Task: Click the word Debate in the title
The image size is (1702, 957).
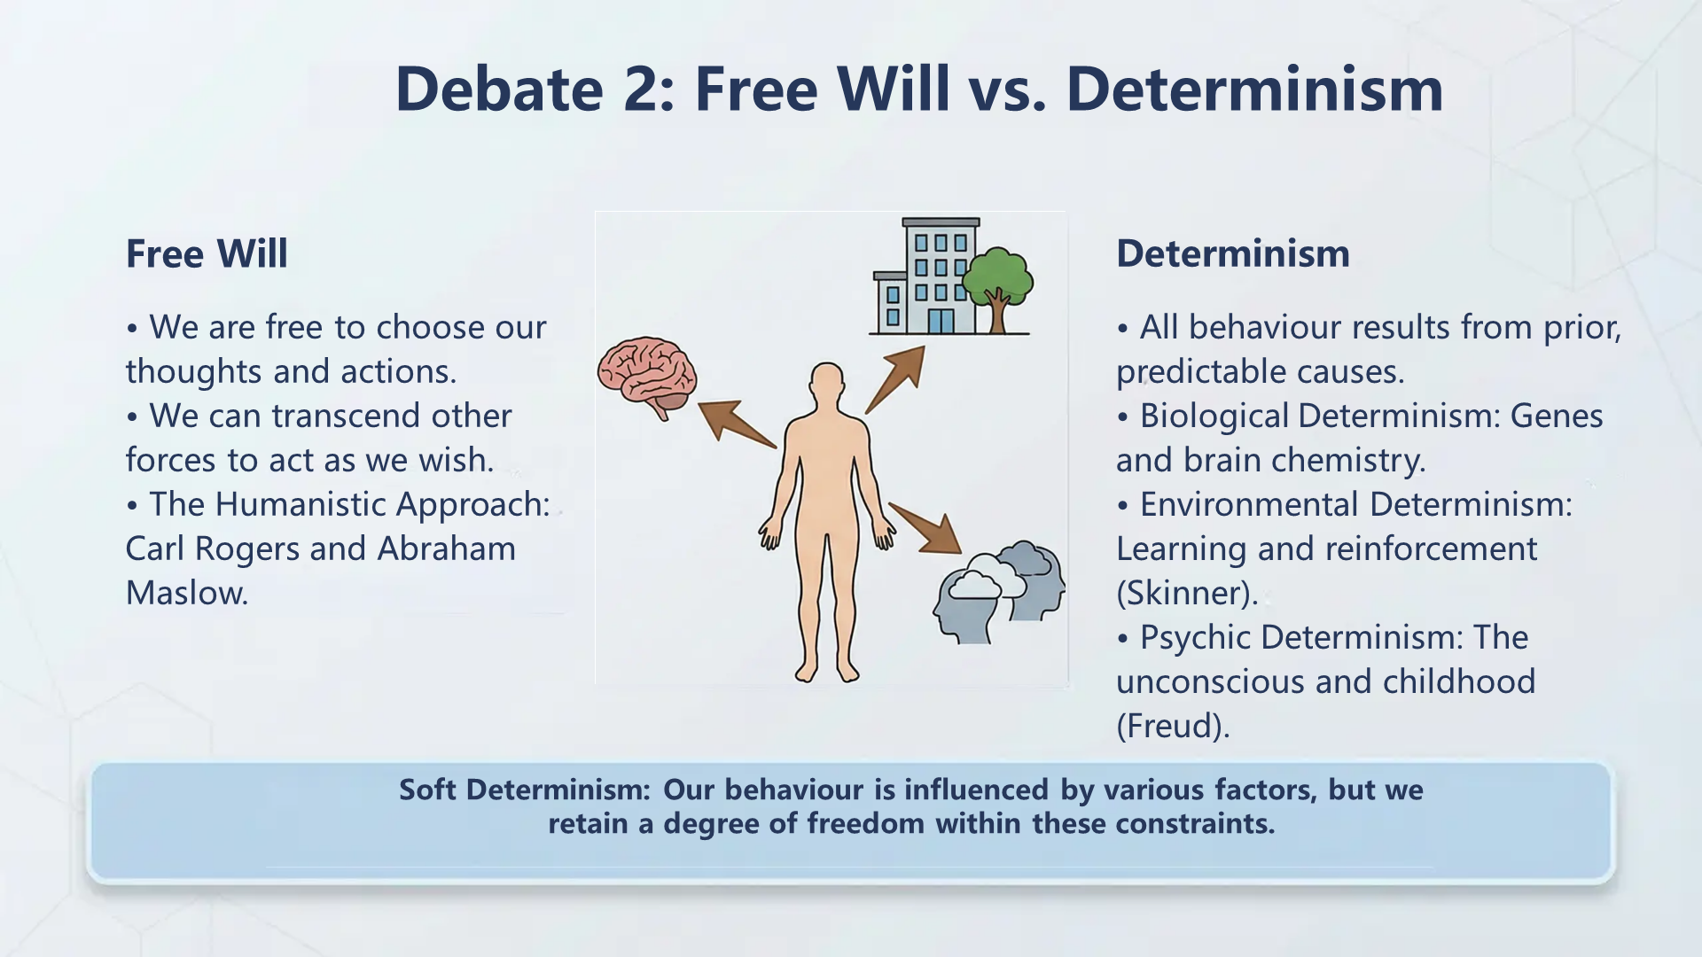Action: [x=499, y=89]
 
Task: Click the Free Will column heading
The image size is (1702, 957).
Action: [x=207, y=253]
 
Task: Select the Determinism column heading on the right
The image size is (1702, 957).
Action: [x=1232, y=253]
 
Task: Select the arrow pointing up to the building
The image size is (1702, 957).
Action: [x=897, y=378]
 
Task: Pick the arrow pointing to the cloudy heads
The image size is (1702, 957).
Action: [x=927, y=529]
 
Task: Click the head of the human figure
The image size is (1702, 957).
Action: [x=827, y=383]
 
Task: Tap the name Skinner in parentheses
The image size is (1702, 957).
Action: [x=1185, y=593]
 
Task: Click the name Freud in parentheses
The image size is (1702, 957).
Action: [x=1172, y=726]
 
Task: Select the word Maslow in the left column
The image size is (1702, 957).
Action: [x=186, y=593]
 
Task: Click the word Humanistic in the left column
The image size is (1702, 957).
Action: [x=301, y=504]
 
